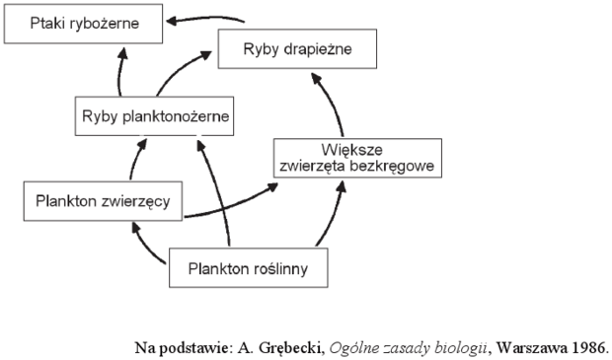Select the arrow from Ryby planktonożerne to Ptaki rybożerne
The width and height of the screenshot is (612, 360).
click(119, 72)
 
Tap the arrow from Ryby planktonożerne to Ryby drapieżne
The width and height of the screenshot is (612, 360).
click(178, 70)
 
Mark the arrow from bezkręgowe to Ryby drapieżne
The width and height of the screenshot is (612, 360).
click(333, 103)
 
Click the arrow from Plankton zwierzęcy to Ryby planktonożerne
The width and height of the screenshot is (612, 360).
click(135, 159)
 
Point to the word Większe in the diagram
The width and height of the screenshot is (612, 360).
click(351, 150)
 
